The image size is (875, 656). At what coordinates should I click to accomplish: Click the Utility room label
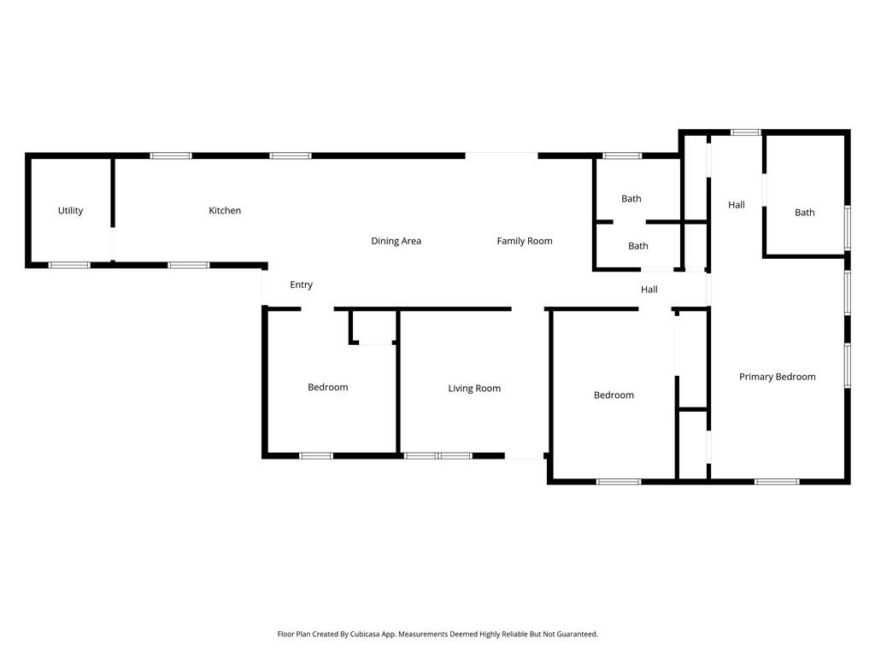pos(70,211)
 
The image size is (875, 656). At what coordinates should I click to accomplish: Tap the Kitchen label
pos(225,211)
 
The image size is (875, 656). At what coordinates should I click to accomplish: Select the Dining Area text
pos(396,241)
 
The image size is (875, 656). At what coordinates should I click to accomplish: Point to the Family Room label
pos(525,241)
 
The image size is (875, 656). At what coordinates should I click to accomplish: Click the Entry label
pos(301,285)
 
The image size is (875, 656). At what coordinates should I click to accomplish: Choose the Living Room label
pos(474,389)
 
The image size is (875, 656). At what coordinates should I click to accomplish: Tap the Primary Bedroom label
pos(777,377)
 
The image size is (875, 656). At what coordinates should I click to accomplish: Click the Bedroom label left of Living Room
pos(327,388)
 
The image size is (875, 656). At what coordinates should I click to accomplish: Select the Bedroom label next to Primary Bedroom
pos(614,395)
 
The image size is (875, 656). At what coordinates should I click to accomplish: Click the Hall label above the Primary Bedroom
pos(736,205)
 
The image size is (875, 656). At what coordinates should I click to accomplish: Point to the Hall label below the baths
pos(649,290)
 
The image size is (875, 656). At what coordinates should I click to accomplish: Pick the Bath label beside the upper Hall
pos(804,213)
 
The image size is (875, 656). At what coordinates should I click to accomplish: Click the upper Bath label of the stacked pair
pos(631,199)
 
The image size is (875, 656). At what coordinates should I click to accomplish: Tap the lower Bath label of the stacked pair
pos(637,246)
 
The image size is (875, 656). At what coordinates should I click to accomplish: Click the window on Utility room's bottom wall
pos(69,265)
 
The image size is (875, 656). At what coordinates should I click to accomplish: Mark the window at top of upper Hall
pos(745,132)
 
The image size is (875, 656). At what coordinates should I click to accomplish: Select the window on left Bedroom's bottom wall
pos(315,456)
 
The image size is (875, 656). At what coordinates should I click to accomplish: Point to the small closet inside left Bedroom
pos(374,327)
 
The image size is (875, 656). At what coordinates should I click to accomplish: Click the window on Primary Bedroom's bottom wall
pos(776,482)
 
